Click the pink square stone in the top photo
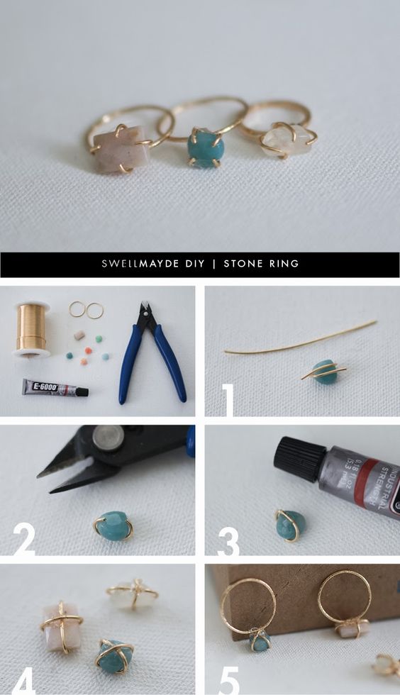[x=116, y=150]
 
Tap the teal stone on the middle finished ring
[x=206, y=148]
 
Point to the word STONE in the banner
[x=245, y=264]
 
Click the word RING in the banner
[x=284, y=264]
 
